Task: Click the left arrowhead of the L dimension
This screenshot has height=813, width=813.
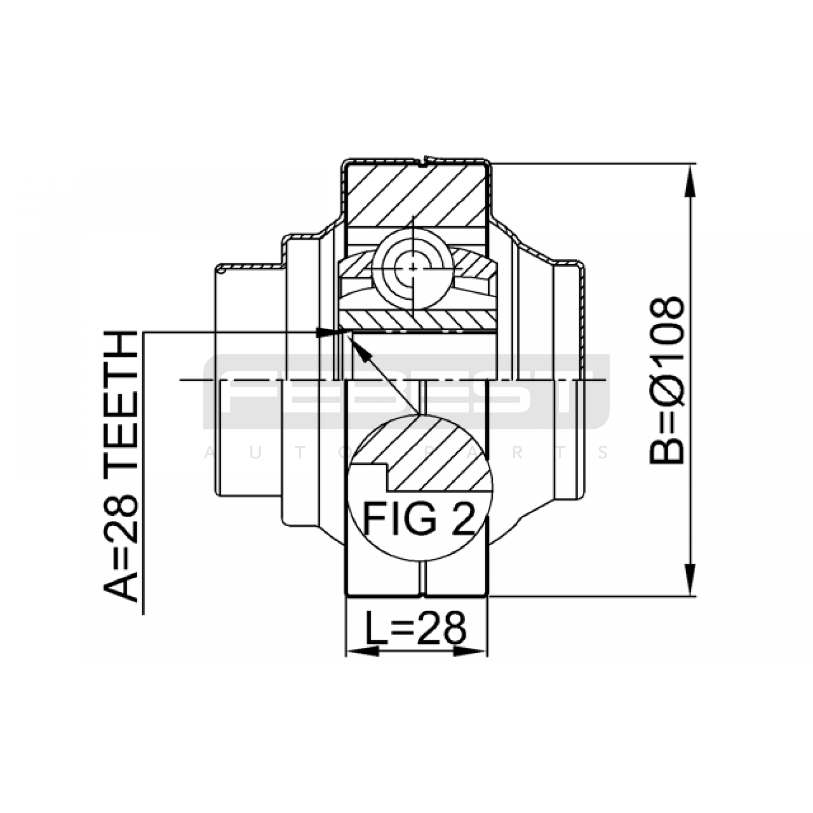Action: tap(362, 651)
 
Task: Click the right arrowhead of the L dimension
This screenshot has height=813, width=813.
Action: tap(471, 651)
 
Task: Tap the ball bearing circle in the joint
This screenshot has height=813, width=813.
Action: tap(413, 268)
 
